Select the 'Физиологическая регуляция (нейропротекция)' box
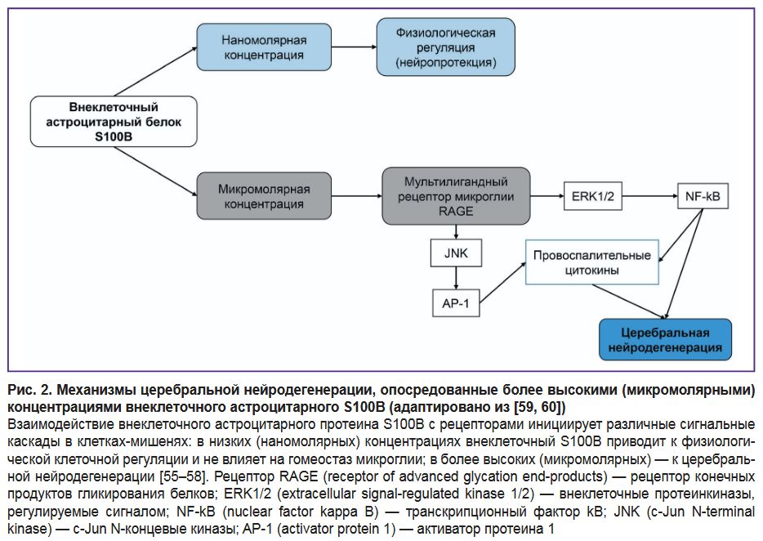[x=445, y=47]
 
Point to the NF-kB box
[x=703, y=196]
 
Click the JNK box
[x=455, y=253]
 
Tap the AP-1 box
[x=455, y=302]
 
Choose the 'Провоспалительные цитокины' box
[x=591, y=261]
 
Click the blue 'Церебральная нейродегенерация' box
[x=665, y=340]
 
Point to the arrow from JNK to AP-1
[x=455, y=278]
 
